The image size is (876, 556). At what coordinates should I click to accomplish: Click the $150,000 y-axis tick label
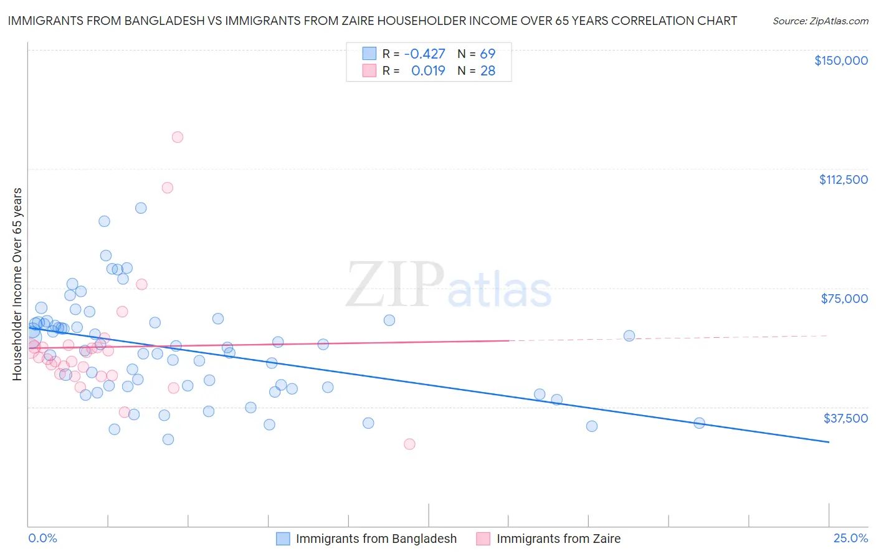point(840,60)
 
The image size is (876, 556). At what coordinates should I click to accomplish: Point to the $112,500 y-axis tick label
point(843,180)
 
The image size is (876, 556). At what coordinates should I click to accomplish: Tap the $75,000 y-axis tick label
point(844,299)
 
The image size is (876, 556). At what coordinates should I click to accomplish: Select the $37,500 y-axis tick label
point(845,418)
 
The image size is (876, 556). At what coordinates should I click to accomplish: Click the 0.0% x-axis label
point(43,539)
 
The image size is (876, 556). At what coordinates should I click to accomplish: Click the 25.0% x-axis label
point(850,539)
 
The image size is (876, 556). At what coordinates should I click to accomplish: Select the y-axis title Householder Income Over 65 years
point(17,284)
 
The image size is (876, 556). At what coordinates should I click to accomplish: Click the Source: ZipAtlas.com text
point(820,21)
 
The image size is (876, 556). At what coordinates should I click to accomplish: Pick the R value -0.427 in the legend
point(424,54)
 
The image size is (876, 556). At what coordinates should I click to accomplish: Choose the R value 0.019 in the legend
point(428,71)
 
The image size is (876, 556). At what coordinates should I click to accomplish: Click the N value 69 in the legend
point(487,54)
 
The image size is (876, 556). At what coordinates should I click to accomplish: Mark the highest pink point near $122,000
point(178,137)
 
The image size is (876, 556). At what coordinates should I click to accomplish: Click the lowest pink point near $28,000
point(409,444)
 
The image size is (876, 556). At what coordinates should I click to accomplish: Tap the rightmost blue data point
point(699,423)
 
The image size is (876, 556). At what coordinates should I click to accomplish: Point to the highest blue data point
point(141,208)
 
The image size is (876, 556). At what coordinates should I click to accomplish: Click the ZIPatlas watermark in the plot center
point(449,285)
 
